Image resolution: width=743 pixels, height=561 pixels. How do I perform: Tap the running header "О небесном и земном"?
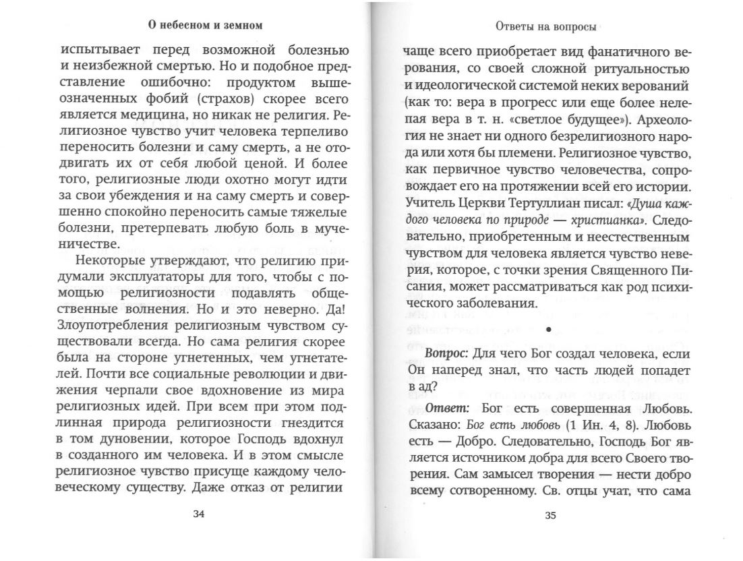(205, 26)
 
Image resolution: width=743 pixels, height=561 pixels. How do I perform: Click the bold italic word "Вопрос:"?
(447, 354)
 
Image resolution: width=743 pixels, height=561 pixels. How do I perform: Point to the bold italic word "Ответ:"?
(449, 409)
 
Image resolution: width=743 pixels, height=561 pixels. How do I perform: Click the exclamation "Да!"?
(334, 308)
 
